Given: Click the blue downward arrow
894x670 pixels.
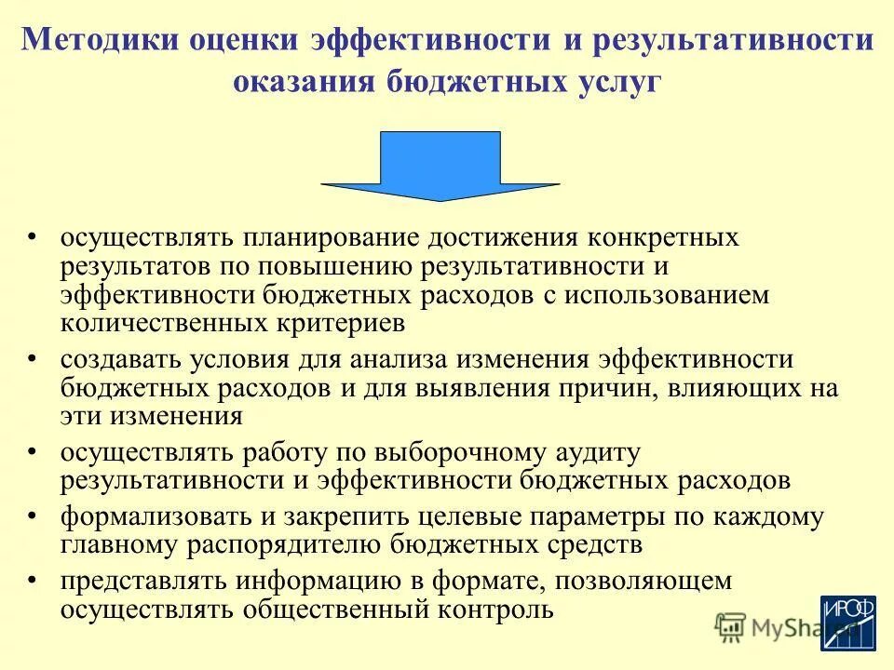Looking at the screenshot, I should click(x=440, y=167).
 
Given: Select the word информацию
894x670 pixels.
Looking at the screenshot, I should click(x=330, y=582).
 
